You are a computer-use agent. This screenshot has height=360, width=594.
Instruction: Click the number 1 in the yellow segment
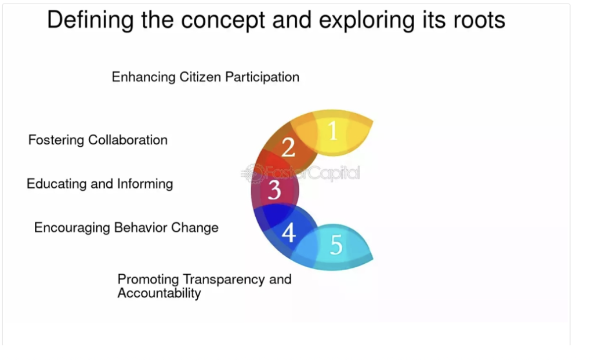point(332,130)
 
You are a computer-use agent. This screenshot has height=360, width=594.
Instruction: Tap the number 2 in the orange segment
point(288,147)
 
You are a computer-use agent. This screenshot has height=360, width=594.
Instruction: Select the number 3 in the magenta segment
point(274,190)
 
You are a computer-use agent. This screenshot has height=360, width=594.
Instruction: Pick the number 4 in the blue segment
point(289,232)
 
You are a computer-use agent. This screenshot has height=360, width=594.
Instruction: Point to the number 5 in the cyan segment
point(336,245)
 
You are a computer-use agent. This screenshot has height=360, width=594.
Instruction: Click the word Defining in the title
point(90,20)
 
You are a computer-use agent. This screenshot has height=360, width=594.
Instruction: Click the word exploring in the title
point(367,21)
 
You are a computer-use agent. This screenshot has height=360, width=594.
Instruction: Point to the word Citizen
point(200,77)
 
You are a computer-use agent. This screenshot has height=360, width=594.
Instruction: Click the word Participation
point(262,77)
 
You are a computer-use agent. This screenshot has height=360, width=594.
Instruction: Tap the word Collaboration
point(128,140)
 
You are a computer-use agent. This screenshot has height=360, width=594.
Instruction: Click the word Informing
point(144,184)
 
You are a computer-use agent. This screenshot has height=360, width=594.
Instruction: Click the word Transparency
point(223,279)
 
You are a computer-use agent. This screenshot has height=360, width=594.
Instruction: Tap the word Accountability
point(159,293)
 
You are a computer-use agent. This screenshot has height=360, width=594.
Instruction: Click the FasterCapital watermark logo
point(300,173)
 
